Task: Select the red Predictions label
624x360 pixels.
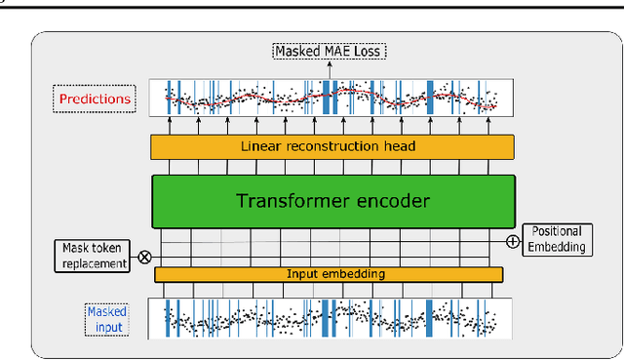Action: point(95,99)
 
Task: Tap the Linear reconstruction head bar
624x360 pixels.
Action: point(331,146)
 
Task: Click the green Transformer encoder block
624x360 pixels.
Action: point(331,201)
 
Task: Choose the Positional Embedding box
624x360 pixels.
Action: point(559,239)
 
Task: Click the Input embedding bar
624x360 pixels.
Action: point(330,274)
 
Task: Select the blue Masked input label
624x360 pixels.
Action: point(107,318)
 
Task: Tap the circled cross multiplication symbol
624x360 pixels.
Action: point(145,258)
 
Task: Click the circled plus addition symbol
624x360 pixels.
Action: point(513,240)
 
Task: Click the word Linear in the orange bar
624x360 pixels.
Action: point(259,146)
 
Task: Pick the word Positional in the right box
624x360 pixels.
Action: point(559,231)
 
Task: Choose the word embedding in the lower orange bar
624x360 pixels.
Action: point(354,274)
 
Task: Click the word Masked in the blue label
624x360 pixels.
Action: point(107,311)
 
